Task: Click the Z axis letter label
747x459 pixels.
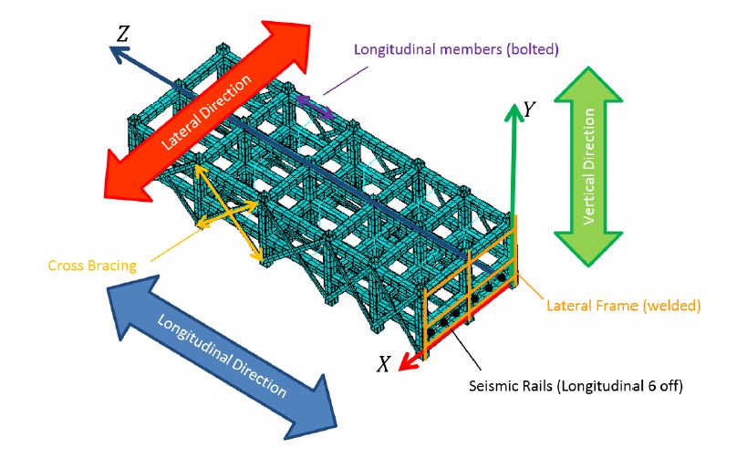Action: (122, 34)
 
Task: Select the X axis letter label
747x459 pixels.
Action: (385, 363)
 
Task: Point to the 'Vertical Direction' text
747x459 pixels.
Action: (589, 167)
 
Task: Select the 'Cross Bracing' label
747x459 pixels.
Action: (92, 266)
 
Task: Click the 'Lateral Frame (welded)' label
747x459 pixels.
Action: (623, 306)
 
